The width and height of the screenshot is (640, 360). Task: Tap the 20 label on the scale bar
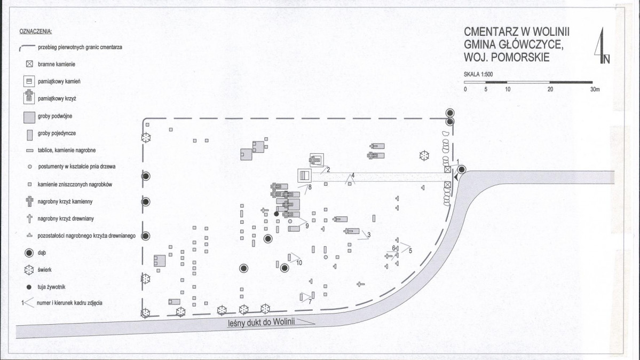coord(550,90)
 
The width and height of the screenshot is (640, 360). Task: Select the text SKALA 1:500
coord(478,74)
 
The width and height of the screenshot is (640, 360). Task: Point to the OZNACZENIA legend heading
coord(36,32)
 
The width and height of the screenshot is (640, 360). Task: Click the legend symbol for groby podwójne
coord(29,118)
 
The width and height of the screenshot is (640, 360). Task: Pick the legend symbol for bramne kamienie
coord(29,64)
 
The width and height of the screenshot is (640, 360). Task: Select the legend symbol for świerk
coord(29,270)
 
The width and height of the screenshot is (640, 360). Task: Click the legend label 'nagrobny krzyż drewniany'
coord(66,218)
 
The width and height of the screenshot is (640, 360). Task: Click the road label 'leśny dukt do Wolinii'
coord(261,323)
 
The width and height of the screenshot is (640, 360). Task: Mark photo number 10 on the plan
coord(299,263)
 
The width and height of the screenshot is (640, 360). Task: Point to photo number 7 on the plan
coord(310,302)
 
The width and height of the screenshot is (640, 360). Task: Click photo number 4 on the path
coord(353,175)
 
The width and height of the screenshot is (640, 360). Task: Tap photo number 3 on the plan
coord(369,235)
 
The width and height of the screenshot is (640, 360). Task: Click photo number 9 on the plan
coord(307,226)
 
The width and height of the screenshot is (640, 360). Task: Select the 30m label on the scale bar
coord(595,90)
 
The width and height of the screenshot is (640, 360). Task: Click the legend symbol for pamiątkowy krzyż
coord(29,97)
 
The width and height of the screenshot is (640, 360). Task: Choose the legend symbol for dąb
coord(29,253)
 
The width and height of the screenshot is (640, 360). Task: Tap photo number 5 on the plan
coord(410,251)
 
